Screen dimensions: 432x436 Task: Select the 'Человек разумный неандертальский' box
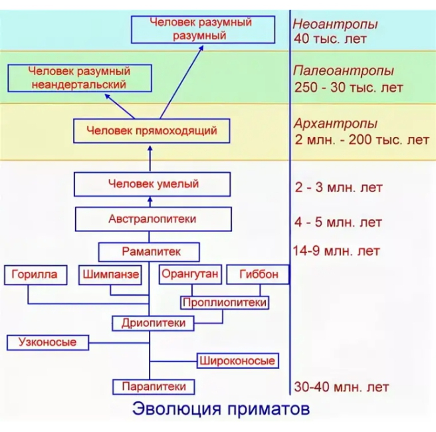pyautogui.click(x=78, y=78)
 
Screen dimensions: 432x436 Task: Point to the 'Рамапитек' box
pyautogui.click(x=151, y=252)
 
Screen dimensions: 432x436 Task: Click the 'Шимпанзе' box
pyautogui.click(x=110, y=274)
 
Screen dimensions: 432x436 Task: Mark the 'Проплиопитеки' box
pyautogui.click(x=224, y=303)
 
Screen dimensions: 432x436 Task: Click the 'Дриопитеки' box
pyautogui.click(x=153, y=323)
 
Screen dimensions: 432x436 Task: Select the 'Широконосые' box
pyautogui.click(x=236, y=361)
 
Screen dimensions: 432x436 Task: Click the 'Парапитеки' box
pyautogui.click(x=153, y=385)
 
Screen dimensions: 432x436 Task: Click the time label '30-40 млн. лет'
pyautogui.click(x=340, y=387)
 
